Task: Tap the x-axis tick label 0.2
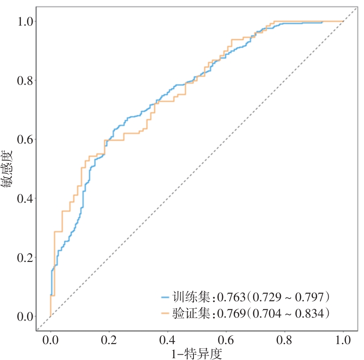(x=109, y=340)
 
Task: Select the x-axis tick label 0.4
(x=168, y=340)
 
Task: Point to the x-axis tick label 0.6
(x=226, y=340)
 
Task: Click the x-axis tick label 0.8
(x=285, y=340)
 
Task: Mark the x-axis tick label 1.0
(x=343, y=340)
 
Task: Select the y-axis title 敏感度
(x=8, y=169)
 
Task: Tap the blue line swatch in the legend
(x=166, y=296)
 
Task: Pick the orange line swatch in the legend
(x=166, y=313)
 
